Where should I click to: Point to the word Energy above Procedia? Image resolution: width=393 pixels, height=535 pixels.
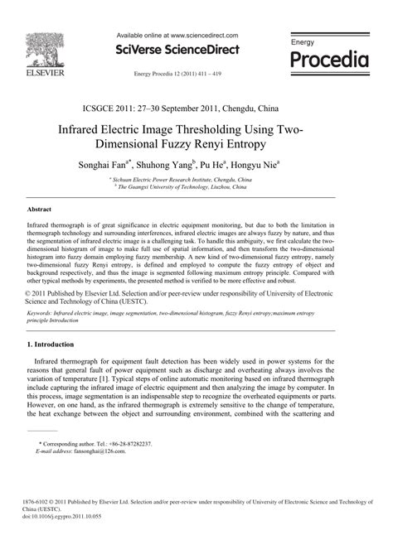[304, 41]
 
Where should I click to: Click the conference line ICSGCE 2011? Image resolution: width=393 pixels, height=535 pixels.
[196, 108]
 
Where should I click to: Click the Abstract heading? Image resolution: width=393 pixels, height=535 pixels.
[41, 210]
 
